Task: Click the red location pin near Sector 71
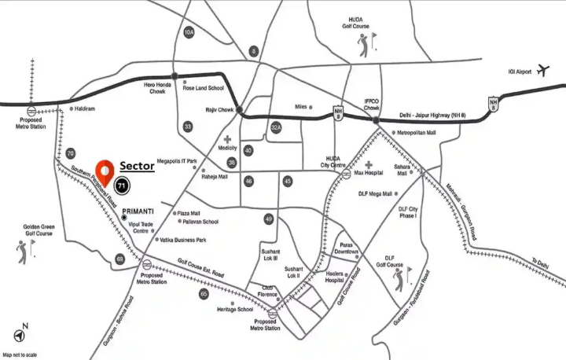(103, 171)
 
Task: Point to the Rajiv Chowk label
(215, 110)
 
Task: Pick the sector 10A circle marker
(189, 32)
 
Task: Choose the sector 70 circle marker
(71, 153)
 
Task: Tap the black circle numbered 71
(121, 186)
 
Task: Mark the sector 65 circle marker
(204, 293)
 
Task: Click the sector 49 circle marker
(269, 219)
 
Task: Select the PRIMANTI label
(138, 212)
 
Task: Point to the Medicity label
(228, 148)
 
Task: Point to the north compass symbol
(24, 330)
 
